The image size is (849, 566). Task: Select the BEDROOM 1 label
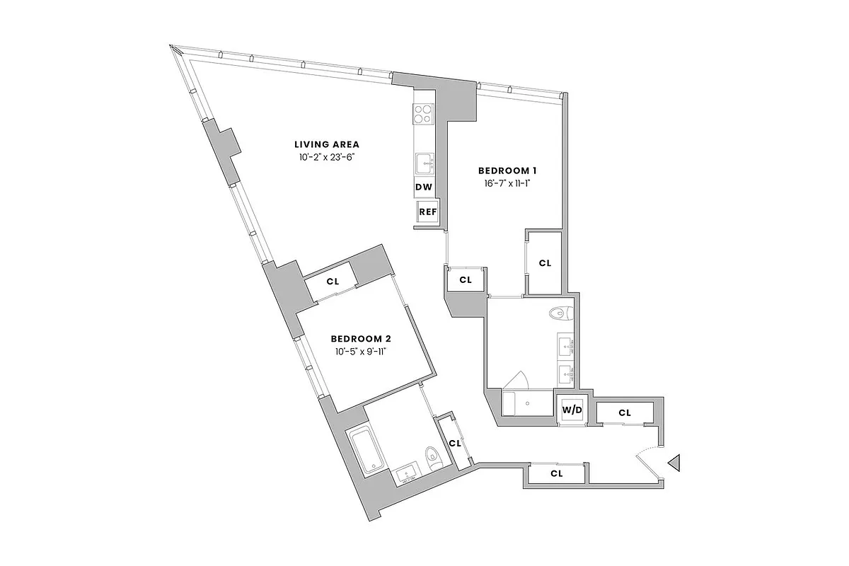(508, 171)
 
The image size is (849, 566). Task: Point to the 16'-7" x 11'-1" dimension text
(508, 184)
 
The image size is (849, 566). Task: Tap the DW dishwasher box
(424, 187)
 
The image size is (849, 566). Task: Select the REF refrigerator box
(427, 212)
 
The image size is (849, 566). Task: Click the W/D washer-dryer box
(572, 409)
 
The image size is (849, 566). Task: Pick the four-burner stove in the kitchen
(424, 114)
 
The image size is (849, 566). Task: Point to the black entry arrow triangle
(674, 463)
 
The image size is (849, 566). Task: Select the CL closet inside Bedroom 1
(544, 263)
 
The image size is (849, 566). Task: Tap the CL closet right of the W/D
(624, 412)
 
